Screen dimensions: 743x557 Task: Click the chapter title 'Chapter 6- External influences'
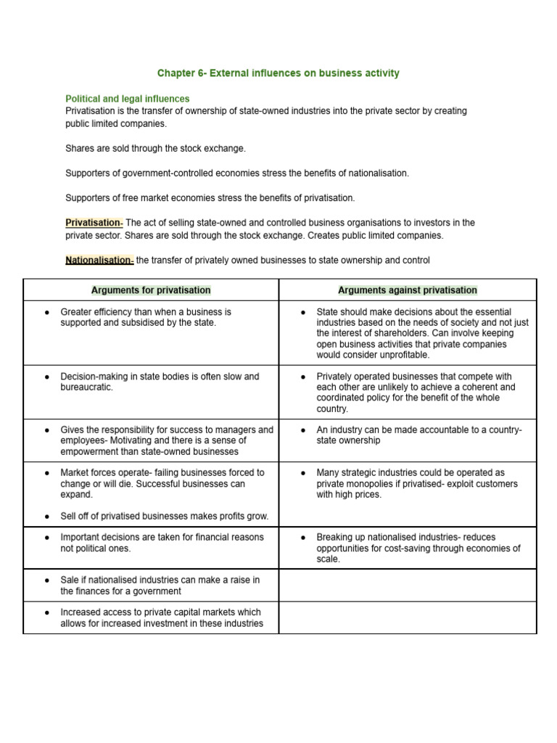[278, 73]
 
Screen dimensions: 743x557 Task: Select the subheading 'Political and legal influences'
[128, 99]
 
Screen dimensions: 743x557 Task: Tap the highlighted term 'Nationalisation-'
[99, 260]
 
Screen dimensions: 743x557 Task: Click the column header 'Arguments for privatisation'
[151, 290]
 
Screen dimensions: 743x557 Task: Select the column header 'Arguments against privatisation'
[408, 290]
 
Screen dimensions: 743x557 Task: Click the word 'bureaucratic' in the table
[86, 387]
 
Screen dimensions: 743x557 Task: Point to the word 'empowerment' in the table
[90, 451]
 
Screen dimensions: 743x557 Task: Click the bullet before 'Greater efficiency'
[47, 312]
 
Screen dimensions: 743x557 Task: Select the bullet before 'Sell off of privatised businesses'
[47, 517]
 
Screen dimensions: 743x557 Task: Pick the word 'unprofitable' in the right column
[403, 356]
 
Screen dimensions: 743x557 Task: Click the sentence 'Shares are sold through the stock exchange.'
[156, 148]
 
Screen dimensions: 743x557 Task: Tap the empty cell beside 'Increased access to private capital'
[408, 617]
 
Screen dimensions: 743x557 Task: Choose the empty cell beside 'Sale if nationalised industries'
[408, 586]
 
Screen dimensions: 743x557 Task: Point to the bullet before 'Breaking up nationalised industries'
[303, 538]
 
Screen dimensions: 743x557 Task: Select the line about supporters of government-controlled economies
[237, 173]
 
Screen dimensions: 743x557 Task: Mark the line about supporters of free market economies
[210, 198]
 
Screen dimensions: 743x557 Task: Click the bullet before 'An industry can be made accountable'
[303, 430]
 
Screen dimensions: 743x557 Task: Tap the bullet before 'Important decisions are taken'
[47, 538]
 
